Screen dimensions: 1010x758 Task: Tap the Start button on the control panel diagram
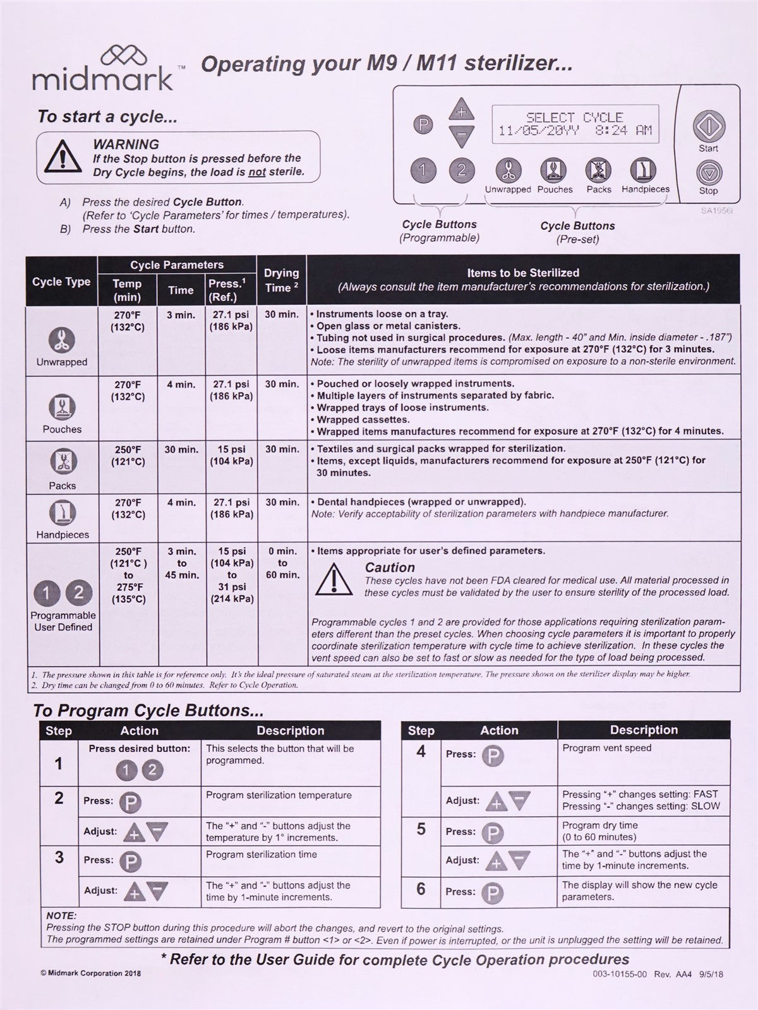point(707,126)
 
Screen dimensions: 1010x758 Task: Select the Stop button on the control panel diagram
point(708,172)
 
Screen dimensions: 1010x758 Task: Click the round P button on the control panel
point(423,124)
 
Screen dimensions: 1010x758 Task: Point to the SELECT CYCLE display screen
point(575,124)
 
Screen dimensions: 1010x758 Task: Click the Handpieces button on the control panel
point(644,170)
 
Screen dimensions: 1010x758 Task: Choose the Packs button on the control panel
point(598,170)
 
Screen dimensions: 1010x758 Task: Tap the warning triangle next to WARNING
point(61,157)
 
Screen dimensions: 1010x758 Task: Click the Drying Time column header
point(281,280)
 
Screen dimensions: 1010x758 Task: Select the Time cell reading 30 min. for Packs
point(181,449)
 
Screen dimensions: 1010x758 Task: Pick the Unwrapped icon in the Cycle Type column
point(62,340)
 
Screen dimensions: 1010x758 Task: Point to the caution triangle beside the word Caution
point(334,579)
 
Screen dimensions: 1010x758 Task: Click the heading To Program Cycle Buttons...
point(148,710)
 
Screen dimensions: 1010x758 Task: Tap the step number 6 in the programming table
point(421,889)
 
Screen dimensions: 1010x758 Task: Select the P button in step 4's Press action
point(493,755)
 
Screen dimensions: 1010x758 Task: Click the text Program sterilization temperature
point(279,795)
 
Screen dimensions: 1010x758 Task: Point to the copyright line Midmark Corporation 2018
point(90,973)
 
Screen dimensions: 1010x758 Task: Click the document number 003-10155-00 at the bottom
point(620,974)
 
